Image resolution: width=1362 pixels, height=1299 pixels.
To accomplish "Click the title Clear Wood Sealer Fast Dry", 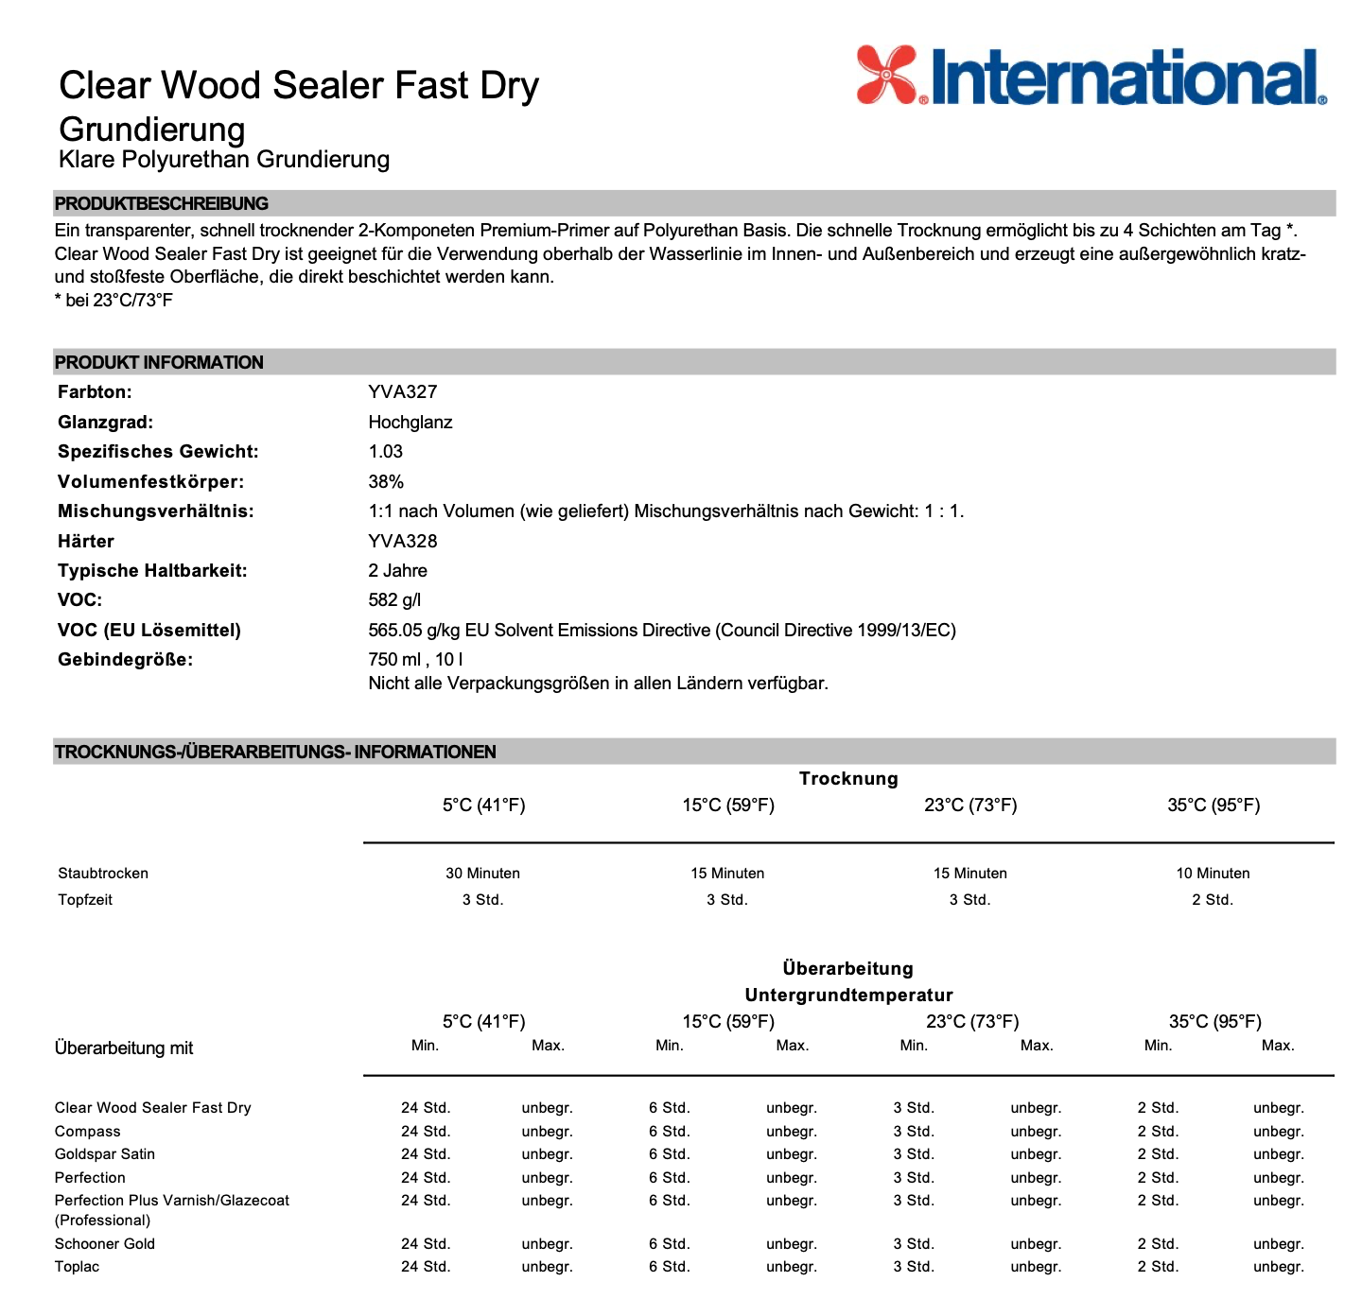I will click(298, 85).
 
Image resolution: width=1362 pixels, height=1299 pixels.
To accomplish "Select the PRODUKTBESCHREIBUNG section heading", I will click(161, 203).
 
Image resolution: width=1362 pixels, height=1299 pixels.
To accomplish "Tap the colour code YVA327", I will click(403, 391).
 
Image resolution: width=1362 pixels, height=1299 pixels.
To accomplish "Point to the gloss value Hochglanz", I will click(410, 422).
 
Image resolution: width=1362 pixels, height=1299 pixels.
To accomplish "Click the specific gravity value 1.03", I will click(386, 451).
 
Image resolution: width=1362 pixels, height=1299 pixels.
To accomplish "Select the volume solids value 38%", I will click(386, 481).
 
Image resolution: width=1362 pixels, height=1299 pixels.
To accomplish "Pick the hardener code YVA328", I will click(403, 541).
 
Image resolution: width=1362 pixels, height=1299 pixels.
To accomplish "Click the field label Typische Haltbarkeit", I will click(152, 570).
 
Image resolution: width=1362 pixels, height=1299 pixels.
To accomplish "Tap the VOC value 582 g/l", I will click(394, 599).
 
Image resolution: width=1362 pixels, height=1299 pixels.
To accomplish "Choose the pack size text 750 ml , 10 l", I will click(415, 659).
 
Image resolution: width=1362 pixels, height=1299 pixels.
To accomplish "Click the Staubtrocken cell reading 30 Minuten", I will click(482, 873).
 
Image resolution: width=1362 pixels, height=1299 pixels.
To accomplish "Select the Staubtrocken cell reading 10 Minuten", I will click(1213, 873).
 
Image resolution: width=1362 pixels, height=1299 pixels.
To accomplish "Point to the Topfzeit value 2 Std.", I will click(1213, 899).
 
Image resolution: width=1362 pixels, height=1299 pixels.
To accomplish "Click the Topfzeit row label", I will click(85, 899).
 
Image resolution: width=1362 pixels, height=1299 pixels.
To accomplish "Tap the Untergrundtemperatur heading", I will click(848, 995).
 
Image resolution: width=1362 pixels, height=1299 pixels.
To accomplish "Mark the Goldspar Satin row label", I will click(105, 1153).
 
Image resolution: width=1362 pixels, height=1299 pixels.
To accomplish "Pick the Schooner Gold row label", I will click(105, 1243).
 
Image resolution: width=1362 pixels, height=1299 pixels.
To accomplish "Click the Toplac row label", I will click(77, 1266).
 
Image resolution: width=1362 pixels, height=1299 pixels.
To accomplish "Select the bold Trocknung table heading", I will click(848, 778).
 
